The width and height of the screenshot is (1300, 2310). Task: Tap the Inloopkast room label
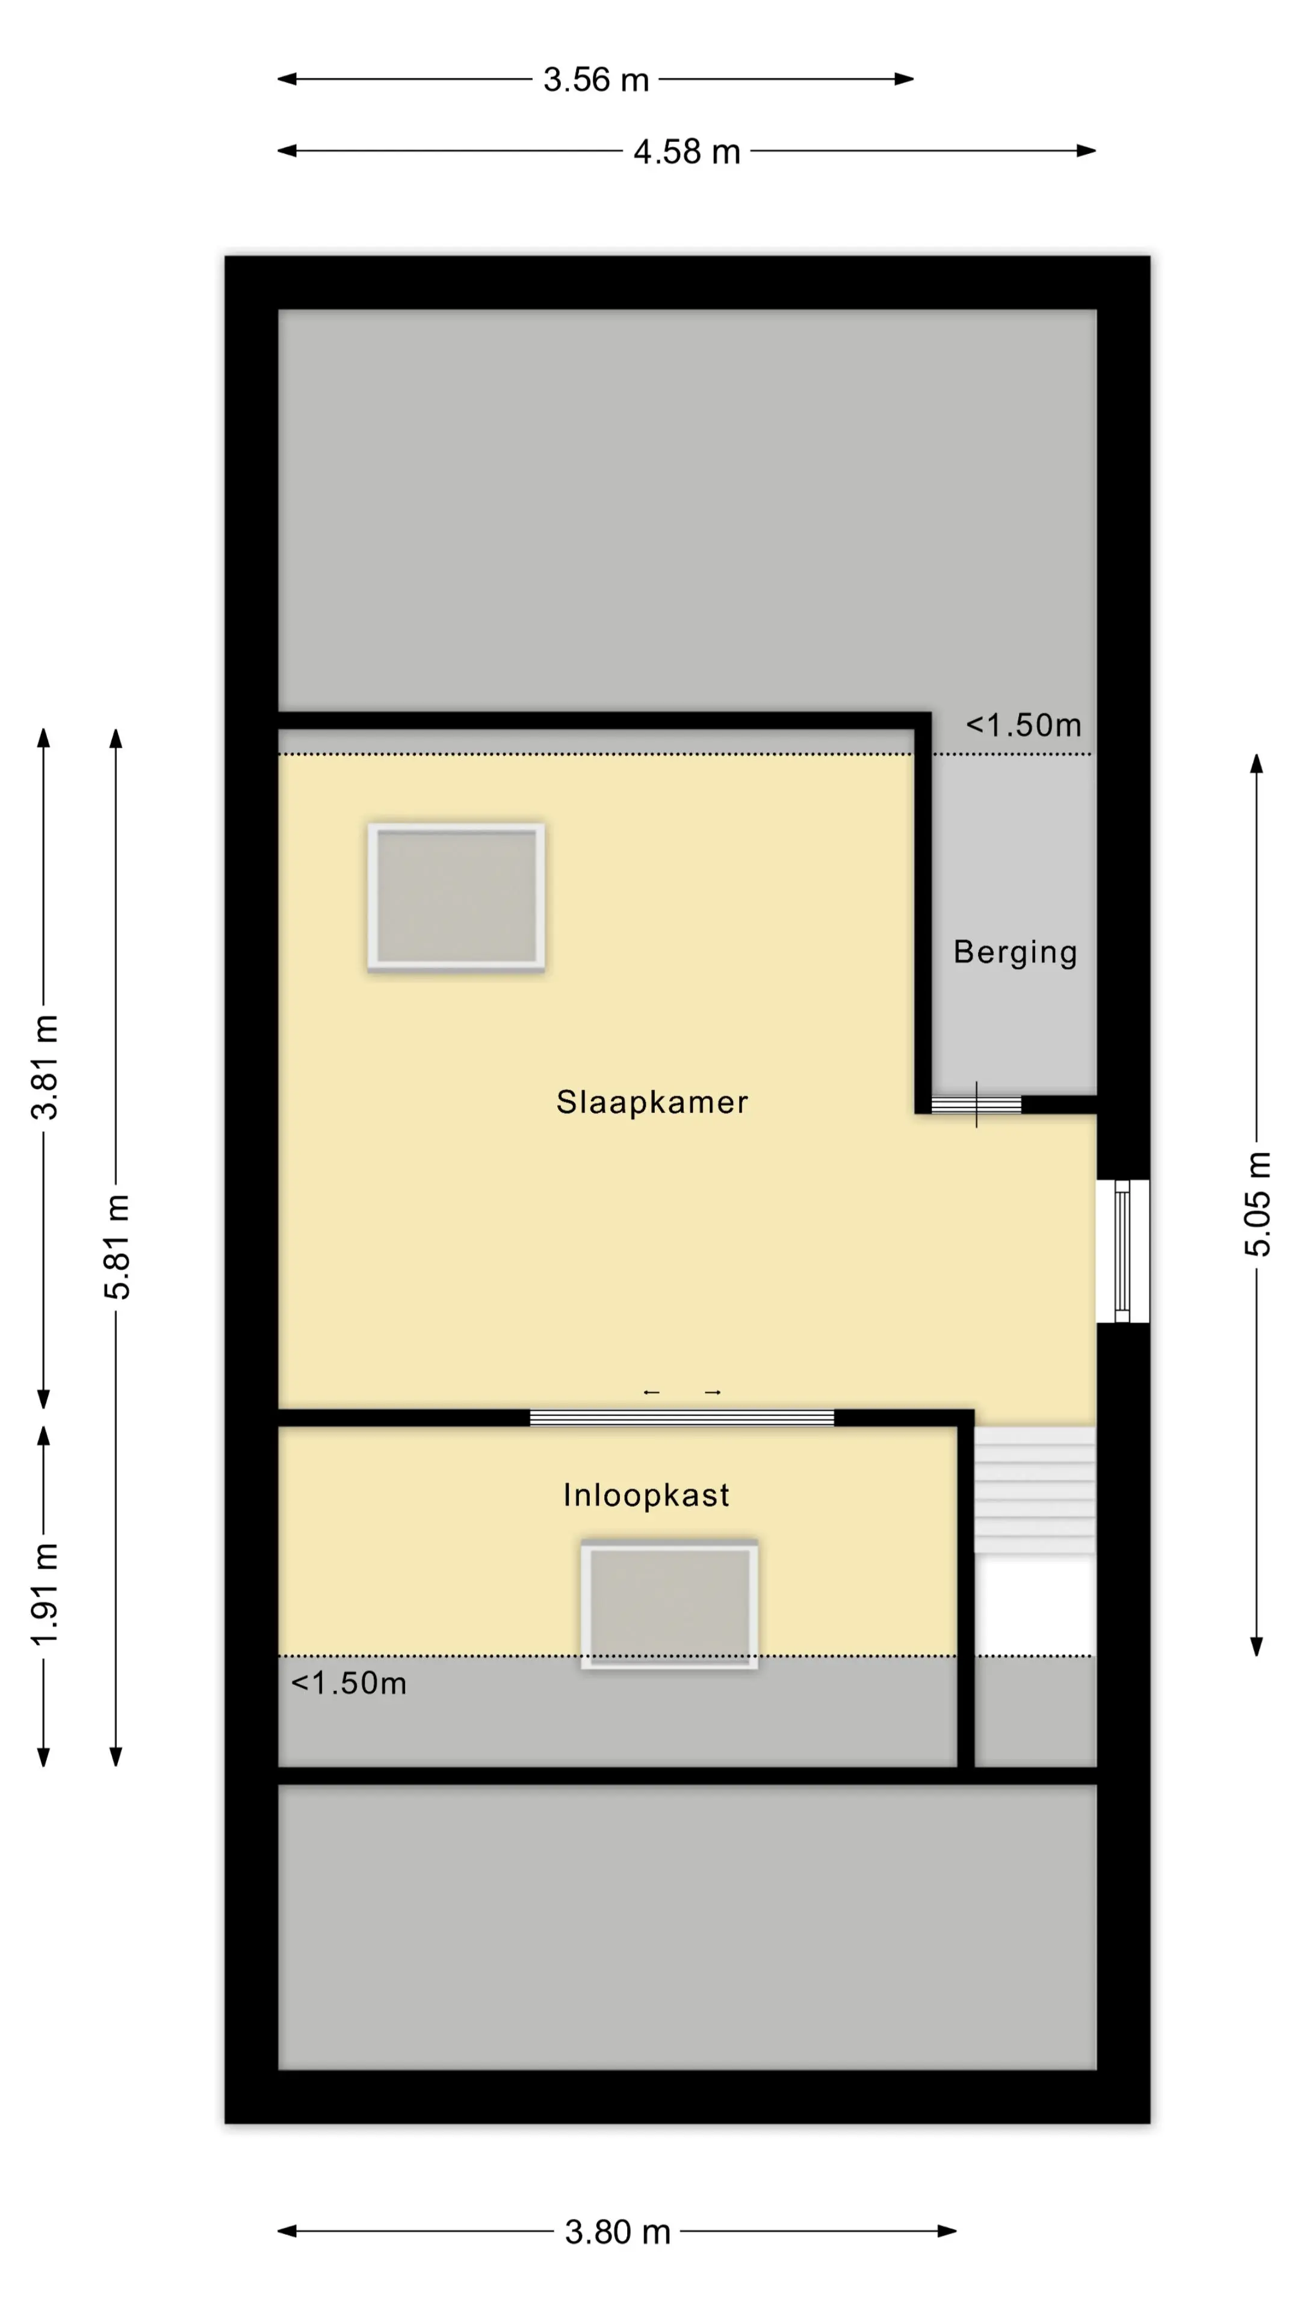(x=646, y=1495)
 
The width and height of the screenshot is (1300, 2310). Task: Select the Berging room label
(x=1015, y=952)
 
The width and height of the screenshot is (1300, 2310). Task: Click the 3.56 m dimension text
(x=596, y=80)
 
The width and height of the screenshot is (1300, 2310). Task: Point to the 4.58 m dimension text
(x=686, y=152)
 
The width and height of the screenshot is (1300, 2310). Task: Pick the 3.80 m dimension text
(x=617, y=2232)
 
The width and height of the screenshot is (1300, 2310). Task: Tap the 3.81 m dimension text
(x=44, y=1067)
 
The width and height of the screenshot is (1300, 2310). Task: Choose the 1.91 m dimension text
(x=44, y=1594)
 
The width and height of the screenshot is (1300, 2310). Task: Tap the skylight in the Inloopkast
(x=669, y=1605)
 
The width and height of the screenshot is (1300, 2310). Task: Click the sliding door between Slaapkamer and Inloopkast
(x=682, y=1418)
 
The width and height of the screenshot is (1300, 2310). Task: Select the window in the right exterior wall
(x=1122, y=1251)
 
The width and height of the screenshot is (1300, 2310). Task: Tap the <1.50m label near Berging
(x=1024, y=725)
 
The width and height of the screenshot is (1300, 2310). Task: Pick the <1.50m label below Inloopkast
(x=349, y=1683)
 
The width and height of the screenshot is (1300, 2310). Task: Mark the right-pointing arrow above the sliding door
(x=713, y=1393)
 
